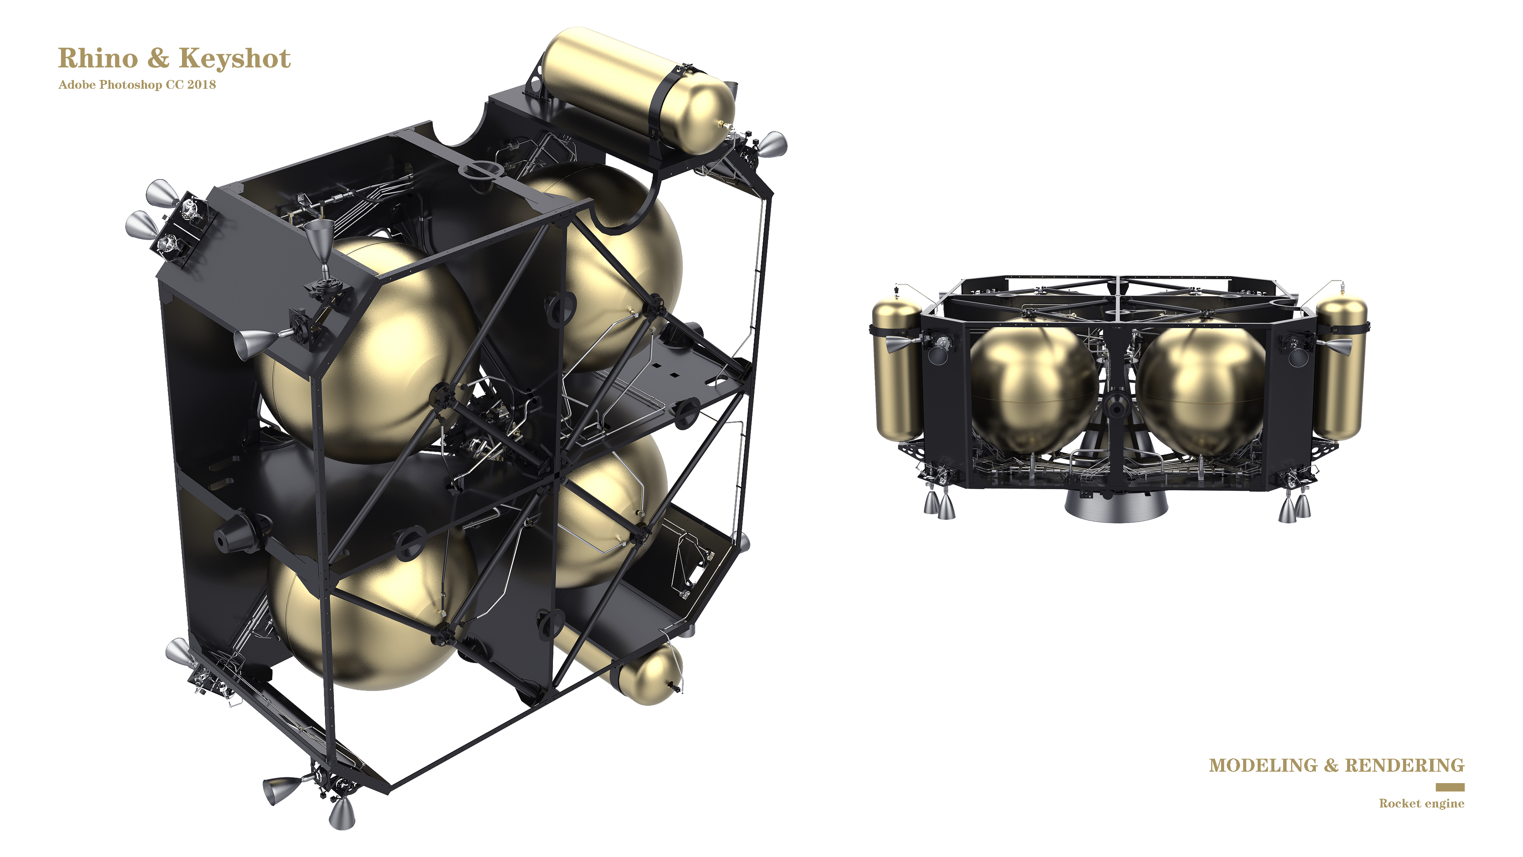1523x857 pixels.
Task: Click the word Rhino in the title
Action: coord(97,59)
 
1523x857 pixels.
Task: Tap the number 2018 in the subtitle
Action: coord(202,85)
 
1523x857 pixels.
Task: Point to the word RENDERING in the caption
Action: coord(1404,765)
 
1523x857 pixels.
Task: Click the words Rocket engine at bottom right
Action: coord(1421,803)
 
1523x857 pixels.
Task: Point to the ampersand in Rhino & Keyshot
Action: coord(158,59)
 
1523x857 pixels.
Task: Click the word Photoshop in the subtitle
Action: coord(131,85)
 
